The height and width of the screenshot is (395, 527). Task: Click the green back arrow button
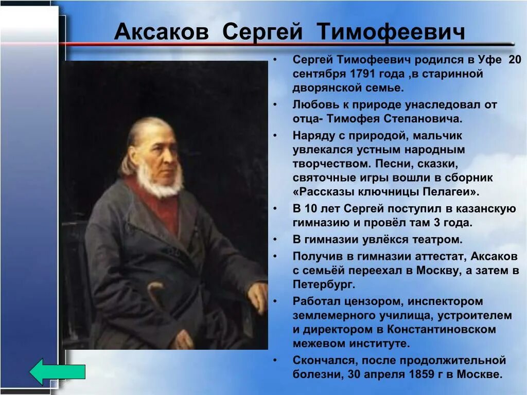(x=57, y=372)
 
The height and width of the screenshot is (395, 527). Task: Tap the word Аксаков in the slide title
(x=162, y=32)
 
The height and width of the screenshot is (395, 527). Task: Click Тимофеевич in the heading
(x=391, y=32)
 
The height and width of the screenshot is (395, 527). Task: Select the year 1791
(x=361, y=74)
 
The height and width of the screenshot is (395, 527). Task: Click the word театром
(x=436, y=239)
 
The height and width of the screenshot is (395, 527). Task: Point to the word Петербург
(x=324, y=284)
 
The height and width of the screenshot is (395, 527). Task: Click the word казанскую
(x=487, y=208)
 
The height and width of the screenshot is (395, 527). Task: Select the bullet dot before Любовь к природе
(x=276, y=105)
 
